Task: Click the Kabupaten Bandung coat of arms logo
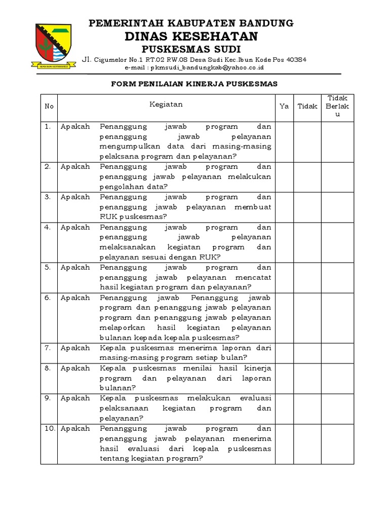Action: click(x=56, y=45)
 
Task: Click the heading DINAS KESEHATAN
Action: click(x=191, y=36)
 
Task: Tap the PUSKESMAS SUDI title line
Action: click(x=191, y=49)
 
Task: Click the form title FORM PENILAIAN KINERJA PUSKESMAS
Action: click(x=194, y=84)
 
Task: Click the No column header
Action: click(x=49, y=106)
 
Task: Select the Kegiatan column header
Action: click(x=166, y=104)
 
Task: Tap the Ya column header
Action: click(x=284, y=106)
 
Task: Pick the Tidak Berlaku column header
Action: click(x=338, y=106)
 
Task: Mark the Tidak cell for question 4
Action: click(x=307, y=242)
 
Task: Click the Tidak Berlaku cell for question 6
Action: click(x=338, y=317)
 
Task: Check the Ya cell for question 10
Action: click(x=284, y=443)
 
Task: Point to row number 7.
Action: click(x=48, y=348)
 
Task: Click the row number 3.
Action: click(x=48, y=197)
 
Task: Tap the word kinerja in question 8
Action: click(x=258, y=368)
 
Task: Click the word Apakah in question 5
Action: click(x=75, y=267)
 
